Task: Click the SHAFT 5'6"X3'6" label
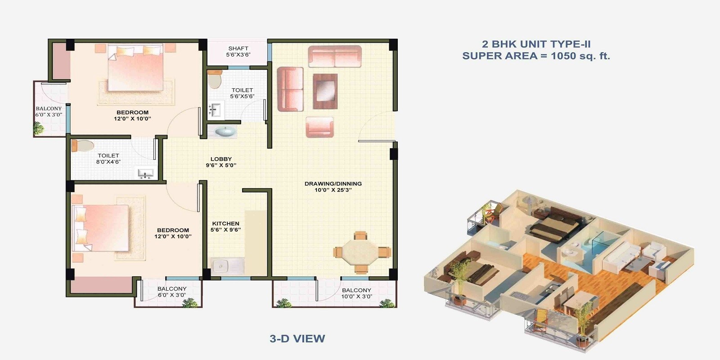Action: pos(238,51)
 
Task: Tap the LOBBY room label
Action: pos(221,162)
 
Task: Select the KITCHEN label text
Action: pos(225,224)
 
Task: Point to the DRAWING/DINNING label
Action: pos(333,184)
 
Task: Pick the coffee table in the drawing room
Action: pos(325,91)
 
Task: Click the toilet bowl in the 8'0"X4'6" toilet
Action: pos(84,146)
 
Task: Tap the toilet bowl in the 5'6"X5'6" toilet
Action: pos(215,79)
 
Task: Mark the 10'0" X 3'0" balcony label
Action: pos(356,293)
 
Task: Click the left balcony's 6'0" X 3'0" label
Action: pos(49,112)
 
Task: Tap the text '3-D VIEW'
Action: pos(297,338)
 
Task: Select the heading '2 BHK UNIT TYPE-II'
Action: pos(536,44)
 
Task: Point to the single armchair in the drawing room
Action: pos(319,126)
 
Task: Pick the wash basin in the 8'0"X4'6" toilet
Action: pos(145,173)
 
